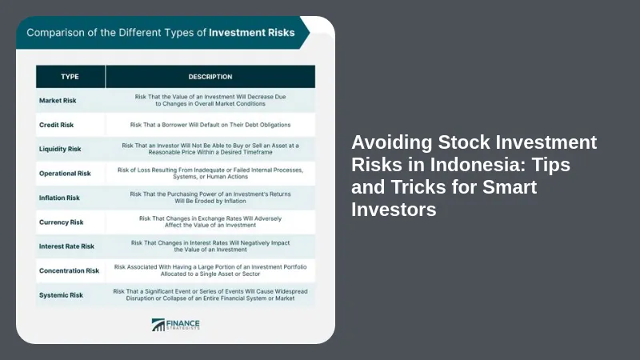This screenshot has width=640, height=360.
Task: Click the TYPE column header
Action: [70, 77]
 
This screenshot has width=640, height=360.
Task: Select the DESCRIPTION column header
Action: [210, 77]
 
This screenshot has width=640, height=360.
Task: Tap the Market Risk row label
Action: [58, 101]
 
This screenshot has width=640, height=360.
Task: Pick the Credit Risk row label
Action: [56, 125]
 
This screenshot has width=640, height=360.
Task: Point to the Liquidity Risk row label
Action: [60, 149]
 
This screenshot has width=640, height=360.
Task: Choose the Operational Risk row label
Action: [65, 174]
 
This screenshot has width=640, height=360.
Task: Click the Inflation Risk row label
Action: [59, 198]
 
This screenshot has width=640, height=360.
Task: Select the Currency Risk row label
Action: [62, 222]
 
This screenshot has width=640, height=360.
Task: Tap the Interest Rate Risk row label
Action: [66, 246]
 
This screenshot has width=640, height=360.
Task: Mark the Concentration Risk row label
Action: [69, 270]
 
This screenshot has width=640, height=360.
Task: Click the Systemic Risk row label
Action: [62, 295]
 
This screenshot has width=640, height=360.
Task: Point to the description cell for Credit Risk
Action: [210, 125]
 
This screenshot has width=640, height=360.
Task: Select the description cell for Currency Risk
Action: [210, 222]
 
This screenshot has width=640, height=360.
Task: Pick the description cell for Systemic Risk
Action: [210, 294]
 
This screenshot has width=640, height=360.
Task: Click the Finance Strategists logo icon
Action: [158, 325]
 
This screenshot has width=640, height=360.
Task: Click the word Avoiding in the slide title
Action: [392, 143]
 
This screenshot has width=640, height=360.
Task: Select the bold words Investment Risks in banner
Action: [252, 33]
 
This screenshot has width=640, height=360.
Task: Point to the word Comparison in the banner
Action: [55, 33]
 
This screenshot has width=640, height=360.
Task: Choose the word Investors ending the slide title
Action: [394, 210]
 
